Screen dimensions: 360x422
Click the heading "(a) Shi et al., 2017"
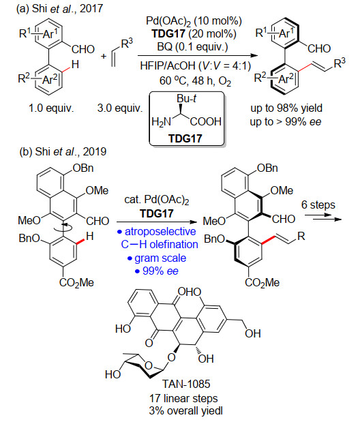pos(59,9)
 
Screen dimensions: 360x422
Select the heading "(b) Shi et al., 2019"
pos(63,152)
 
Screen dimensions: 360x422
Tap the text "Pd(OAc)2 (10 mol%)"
pos(194,21)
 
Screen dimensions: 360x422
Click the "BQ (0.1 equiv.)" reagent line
pos(192,47)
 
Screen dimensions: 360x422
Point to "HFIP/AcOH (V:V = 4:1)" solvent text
pos(196,65)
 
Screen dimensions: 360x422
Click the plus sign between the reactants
pos(104,57)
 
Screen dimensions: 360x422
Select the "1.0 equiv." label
pos(51,108)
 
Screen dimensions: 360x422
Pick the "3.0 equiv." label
pos(120,108)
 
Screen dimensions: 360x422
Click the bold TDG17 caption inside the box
pos(185,138)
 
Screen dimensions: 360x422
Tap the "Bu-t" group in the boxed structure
pos(186,99)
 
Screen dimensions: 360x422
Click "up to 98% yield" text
pos(286,108)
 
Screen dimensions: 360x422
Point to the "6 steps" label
pos(318,205)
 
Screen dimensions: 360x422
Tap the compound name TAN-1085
pos(186,384)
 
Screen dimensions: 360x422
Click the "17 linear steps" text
pos(183,398)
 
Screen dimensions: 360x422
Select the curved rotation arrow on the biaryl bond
pos(63,228)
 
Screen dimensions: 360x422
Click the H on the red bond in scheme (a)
pos(75,65)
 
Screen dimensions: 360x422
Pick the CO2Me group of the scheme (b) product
pos(262,283)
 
